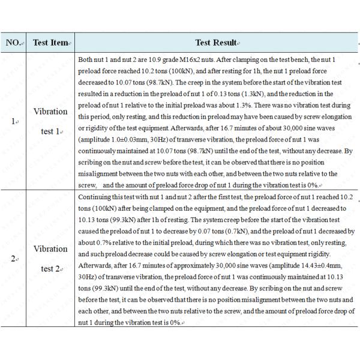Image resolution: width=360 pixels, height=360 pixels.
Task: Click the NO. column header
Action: pos(14,42)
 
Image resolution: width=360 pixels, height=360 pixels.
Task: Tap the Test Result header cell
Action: pos(217,42)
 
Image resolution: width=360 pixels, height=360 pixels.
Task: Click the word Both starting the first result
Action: pos(86,59)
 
